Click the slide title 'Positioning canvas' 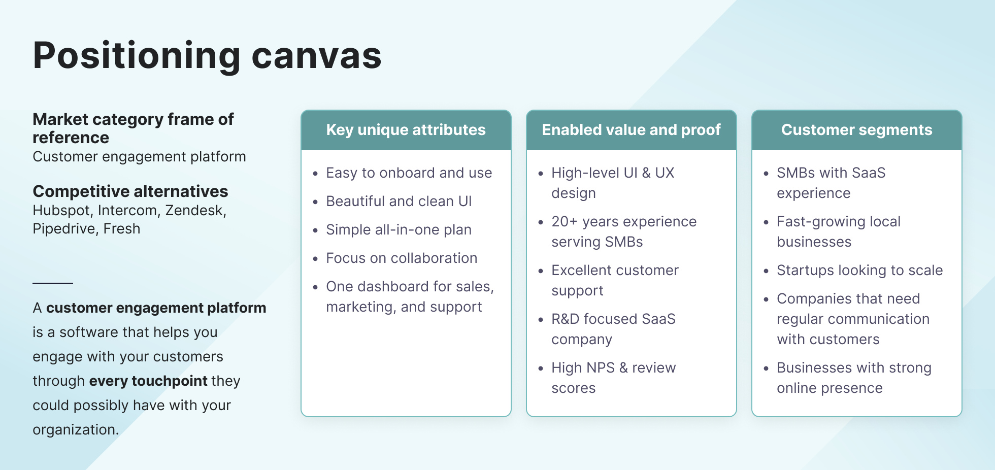[207, 56]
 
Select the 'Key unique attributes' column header [406, 130]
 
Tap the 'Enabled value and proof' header [631, 130]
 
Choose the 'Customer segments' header [856, 130]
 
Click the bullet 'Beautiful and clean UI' [399, 202]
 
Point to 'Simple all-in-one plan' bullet [399, 230]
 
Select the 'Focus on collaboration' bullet [402, 258]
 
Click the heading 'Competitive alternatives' [130, 191]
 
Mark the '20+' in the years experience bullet [564, 222]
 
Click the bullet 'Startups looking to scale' [859, 271]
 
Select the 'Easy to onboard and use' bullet [409, 173]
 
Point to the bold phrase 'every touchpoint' [148, 381]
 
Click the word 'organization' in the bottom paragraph [74, 430]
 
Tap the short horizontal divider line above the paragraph [53, 283]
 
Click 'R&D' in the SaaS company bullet [565, 319]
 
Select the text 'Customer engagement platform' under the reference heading [139, 157]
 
